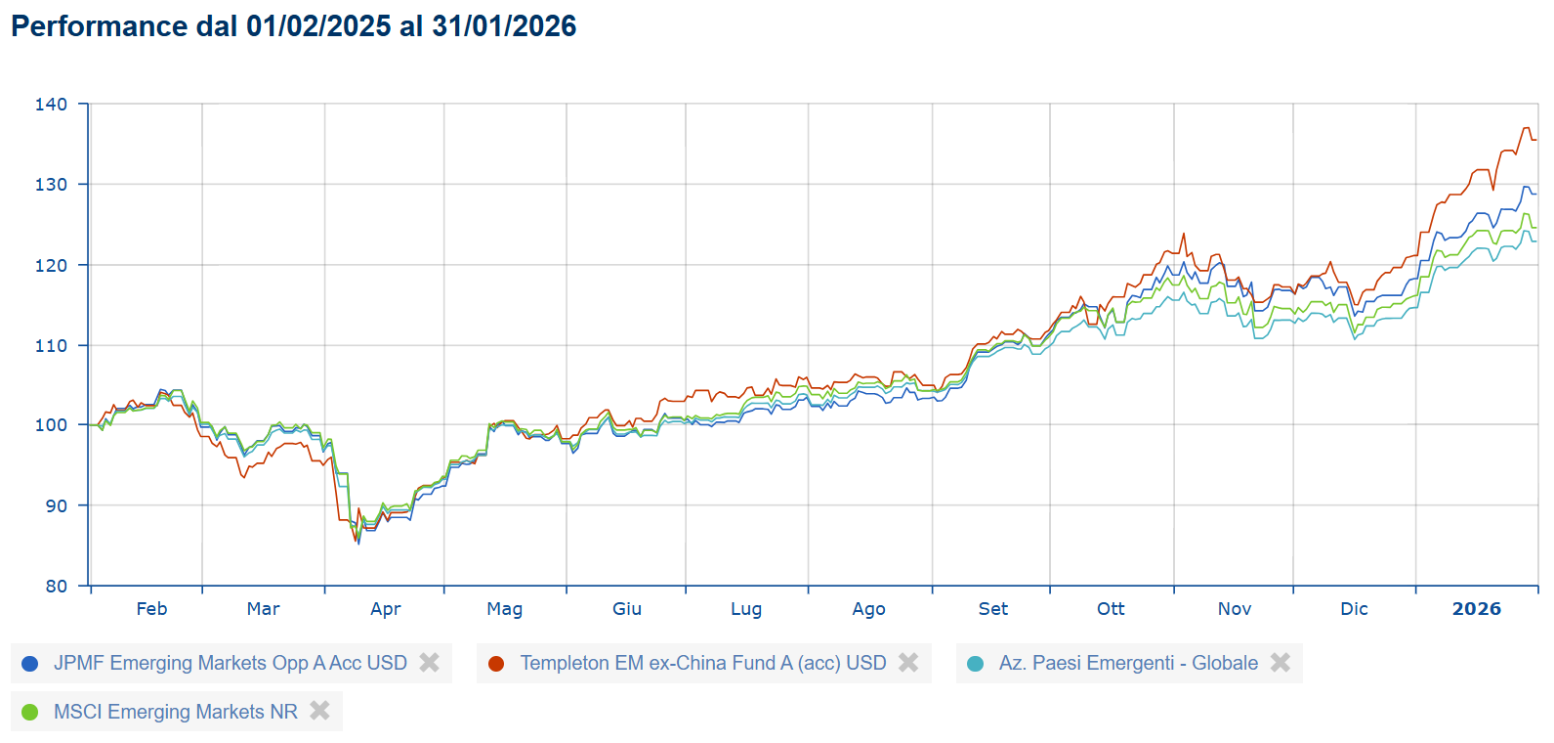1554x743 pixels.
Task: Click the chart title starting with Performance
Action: pos(293,26)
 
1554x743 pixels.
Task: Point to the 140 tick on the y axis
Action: pos(51,105)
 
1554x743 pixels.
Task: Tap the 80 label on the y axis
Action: pos(57,587)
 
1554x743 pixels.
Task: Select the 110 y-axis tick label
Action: pos(51,346)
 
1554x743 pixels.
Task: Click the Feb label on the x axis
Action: pos(151,609)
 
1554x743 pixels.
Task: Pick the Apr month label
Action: pos(386,609)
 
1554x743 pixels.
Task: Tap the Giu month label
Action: pos(627,609)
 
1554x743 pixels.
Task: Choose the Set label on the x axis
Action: pos(993,609)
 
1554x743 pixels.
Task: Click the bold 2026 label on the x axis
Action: pos(1476,609)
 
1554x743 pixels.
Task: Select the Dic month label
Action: pos(1354,609)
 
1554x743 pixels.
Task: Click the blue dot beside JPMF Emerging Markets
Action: pos(30,664)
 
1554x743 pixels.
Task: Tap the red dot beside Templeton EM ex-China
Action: pos(496,664)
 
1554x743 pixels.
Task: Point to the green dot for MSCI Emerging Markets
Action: pos(30,713)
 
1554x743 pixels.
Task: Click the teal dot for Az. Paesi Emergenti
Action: pos(975,664)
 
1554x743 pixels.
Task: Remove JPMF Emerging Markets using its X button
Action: pos(429,663)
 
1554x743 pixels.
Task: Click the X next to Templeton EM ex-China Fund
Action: pos(908,663)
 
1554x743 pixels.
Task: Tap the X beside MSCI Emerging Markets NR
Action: pos(319,712)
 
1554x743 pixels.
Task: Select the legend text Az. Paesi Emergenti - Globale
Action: pos(1128,664)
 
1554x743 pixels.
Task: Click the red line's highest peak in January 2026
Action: pos(1526,128)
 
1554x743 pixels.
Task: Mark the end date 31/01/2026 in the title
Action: pos(504,26)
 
